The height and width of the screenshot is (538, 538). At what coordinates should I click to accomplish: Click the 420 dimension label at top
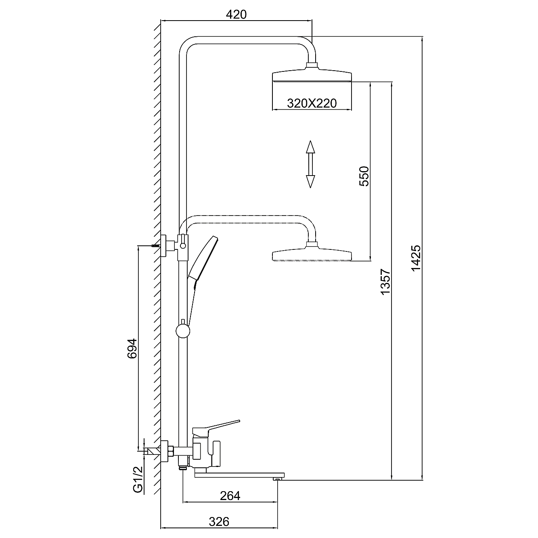[236, 15]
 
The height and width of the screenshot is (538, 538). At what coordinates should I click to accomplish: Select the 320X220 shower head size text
[312, 104]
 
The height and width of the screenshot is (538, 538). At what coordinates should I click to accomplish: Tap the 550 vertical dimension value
[364, 176]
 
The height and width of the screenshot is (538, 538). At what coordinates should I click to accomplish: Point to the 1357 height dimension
[385, 282]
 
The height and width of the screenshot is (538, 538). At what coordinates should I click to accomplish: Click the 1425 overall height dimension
[416, 258]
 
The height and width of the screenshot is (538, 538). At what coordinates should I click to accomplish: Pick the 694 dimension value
[132, 348]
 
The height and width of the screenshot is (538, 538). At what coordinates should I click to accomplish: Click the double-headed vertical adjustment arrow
[310, 164]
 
